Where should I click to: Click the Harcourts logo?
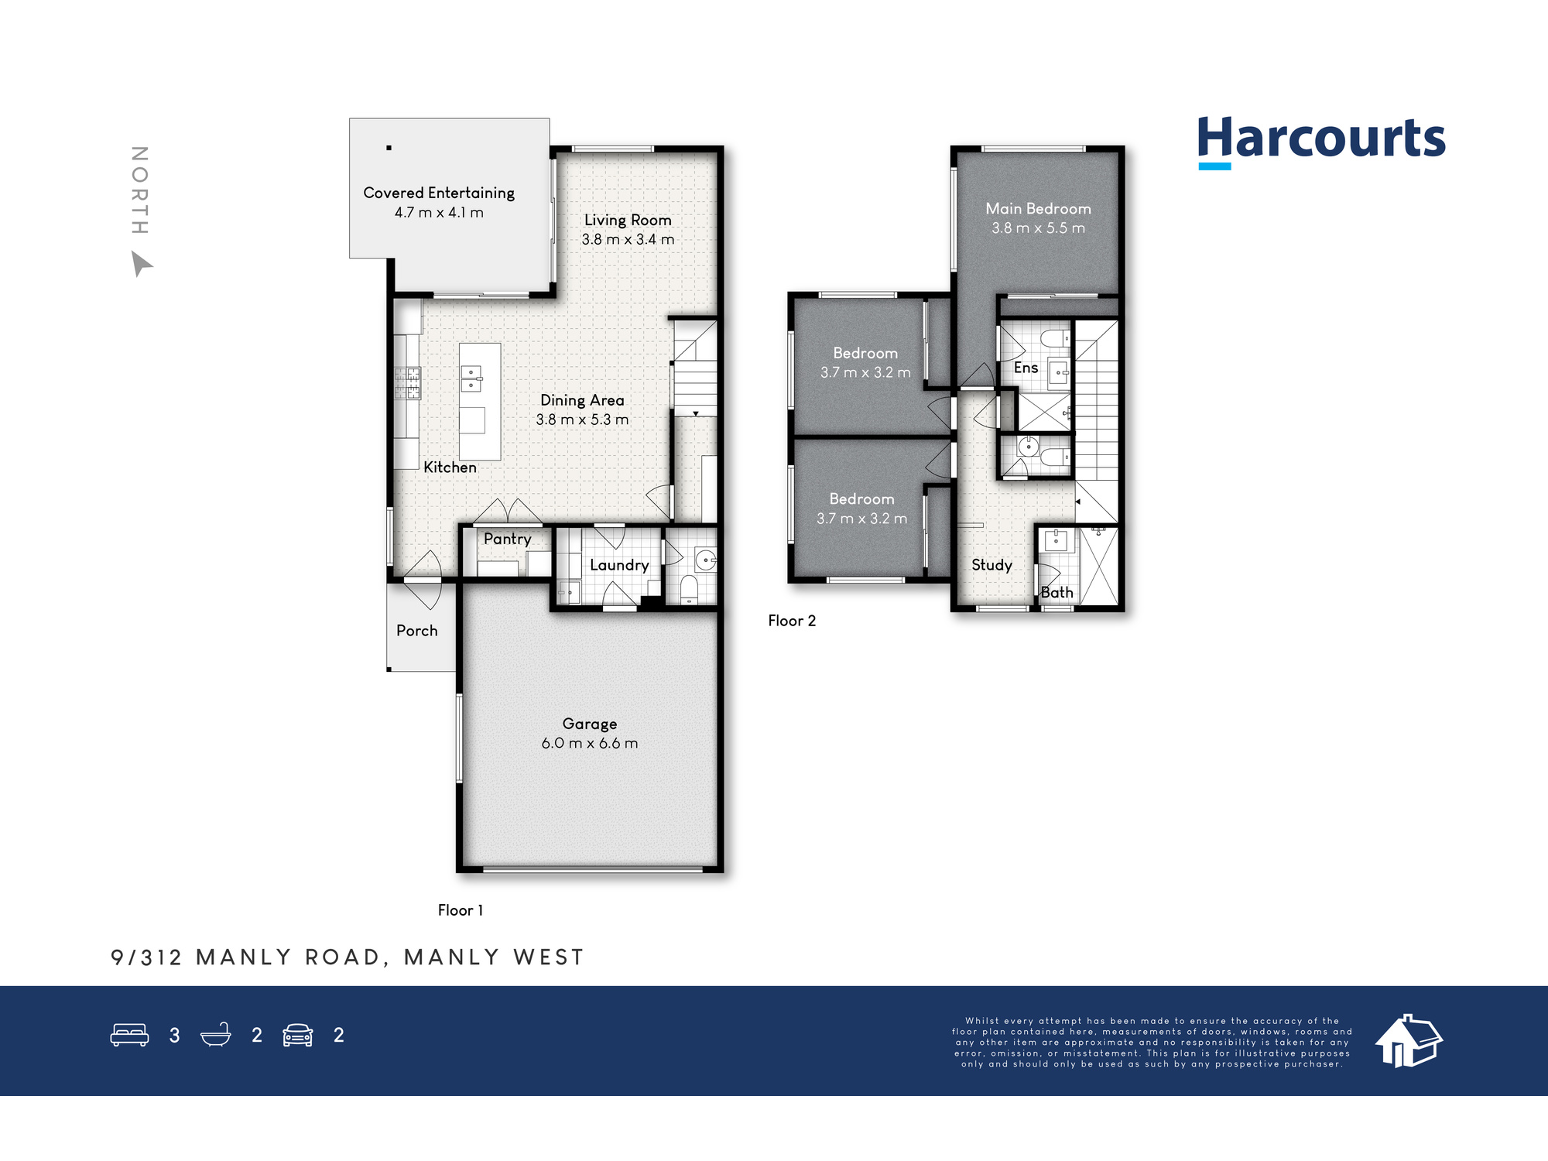click(x=1321, y=142)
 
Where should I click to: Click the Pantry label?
click(x=507, y=539)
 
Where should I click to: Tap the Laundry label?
click(x=619, y=566)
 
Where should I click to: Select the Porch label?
click(x=416, y=631)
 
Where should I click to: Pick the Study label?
click(x=991, y=565)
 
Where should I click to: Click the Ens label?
click(x=1026, y=368)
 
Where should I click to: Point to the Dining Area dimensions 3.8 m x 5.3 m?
click(x=582, y=420)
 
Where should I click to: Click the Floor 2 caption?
click(x=792, y=621)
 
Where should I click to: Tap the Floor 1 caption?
click(x=461, y=910)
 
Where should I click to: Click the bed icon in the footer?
click(x=129, y=1035)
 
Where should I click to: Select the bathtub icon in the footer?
click(x=216, y=1035)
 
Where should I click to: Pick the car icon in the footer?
click(x=298, y=1036)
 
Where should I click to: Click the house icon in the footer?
click(x=1409, y=1041)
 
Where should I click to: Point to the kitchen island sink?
click(x=471, y=378)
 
